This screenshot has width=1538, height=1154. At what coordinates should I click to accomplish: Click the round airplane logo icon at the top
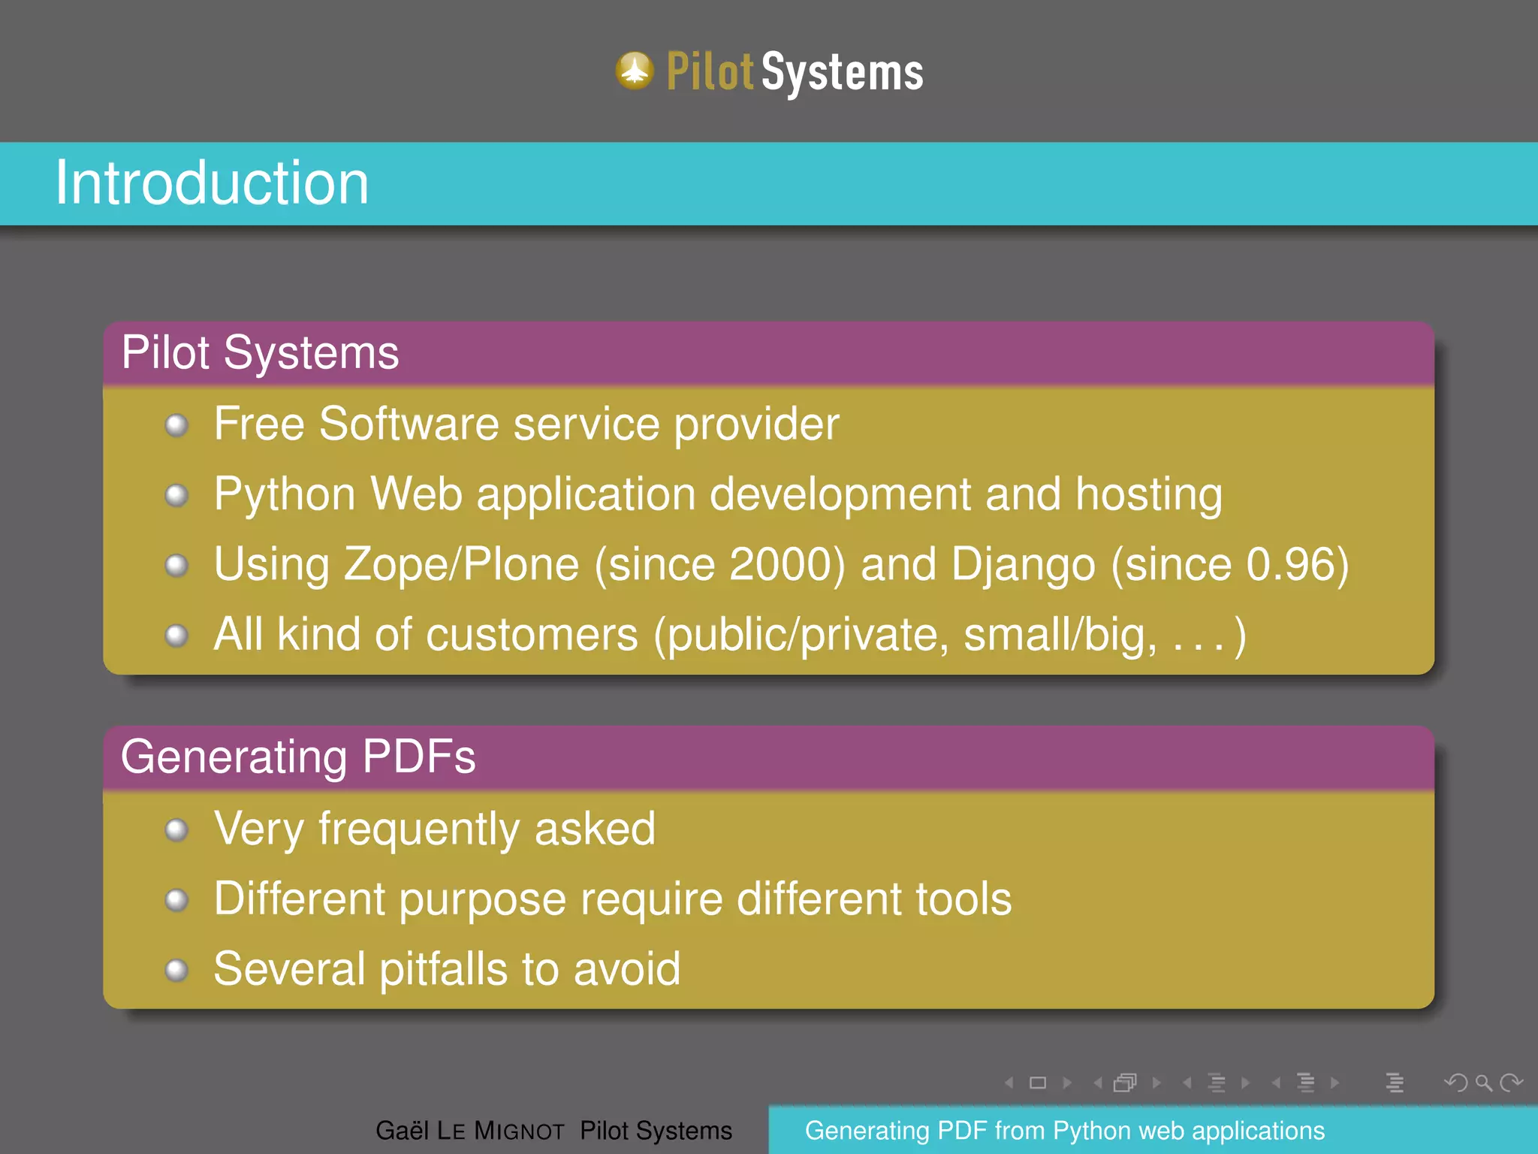[635, 71]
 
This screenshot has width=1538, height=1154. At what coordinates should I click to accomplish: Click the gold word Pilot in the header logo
[709, 72]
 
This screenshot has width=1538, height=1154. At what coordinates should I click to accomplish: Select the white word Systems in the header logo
[843, 74]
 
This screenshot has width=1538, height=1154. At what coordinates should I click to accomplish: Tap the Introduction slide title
[212, 183]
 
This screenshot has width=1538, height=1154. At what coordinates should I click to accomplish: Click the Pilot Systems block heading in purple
[260, 352]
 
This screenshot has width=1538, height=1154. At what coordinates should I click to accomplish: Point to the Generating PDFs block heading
[297, 757]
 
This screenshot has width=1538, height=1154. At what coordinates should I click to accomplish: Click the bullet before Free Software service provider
[176, 425]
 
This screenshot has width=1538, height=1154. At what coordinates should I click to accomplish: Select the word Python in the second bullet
[285, 496]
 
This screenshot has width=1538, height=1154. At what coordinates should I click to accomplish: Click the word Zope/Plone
[461, 565]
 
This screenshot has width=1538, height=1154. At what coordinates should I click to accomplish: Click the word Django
[1023, 565]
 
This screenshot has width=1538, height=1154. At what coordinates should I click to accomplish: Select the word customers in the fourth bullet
[532, 635]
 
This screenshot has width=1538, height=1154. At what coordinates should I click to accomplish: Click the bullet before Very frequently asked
[176, 830]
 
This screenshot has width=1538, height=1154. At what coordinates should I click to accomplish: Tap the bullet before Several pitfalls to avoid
[176, 970]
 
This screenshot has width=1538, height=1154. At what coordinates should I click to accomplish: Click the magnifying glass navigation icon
[1483, 1083]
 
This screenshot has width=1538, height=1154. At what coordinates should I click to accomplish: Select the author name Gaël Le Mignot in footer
[469, 1131]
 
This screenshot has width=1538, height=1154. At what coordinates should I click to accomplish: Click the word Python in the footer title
[1092, 1131]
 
